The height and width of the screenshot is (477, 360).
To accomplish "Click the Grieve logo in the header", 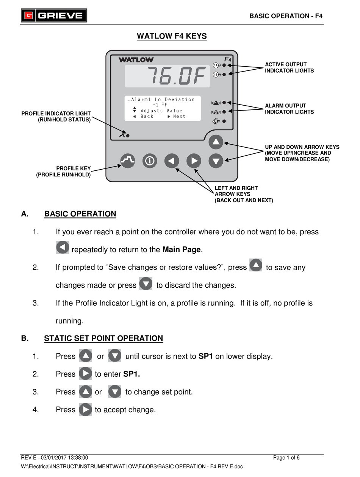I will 54,16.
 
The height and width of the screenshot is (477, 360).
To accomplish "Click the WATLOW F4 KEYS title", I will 172,36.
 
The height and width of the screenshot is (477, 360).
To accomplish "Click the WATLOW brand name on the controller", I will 136,60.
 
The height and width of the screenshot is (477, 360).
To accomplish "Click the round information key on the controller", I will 150,161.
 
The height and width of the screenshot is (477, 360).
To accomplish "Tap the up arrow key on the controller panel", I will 216,142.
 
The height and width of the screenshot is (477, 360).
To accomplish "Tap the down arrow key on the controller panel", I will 216,161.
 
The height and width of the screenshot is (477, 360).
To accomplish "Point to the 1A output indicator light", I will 224,65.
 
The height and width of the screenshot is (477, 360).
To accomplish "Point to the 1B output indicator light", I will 224,75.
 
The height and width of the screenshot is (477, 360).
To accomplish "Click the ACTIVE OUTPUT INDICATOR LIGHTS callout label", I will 289,67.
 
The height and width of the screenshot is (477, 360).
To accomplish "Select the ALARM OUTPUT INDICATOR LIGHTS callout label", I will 289,109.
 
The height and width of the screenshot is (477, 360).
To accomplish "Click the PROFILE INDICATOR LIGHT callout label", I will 56,117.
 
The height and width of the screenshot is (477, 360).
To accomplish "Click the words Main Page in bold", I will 181,249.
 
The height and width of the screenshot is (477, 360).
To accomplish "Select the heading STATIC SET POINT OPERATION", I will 103,338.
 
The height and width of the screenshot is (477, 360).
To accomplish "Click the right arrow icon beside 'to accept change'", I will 85,410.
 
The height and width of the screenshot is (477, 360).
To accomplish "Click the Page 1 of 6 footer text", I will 286,458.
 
